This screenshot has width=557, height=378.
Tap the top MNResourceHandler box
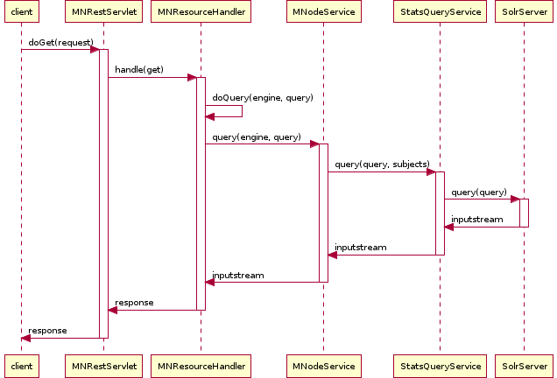pyautogui.click(x=201, y=14)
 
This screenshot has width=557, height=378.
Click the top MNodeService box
pyautogui.click(x=323, y=14)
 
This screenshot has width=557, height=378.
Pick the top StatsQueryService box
pyautogui.click(x=440, y=14)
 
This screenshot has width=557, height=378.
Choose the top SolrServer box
pyautogui.click(x=524, y=14)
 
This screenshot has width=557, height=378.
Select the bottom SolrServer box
pyautogui.click(x=524, y=365)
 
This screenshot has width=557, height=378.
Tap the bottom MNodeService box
pyautogui.click(x=323, y=365)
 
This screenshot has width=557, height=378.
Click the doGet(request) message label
pyautogui.click(x=60, y=42)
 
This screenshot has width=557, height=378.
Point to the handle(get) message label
pyautogui.click(x=139, y=69)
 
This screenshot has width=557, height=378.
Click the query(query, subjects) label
pyautogui.click(x=382, y=164)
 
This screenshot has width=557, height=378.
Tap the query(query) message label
pyautogui.click(x=479, y=192)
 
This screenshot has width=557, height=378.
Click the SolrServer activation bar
pyautogui.click(x=524, y=213)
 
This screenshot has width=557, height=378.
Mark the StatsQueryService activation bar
pyautogui.click(x=440, y=213)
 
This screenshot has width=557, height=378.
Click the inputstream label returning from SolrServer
pyautogui.click(x=477, y=220)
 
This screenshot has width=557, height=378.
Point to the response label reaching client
pyautogui.click(x=47, y=331)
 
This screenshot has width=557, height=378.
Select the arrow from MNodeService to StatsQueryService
pyautogui.click(x=381, y=171)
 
